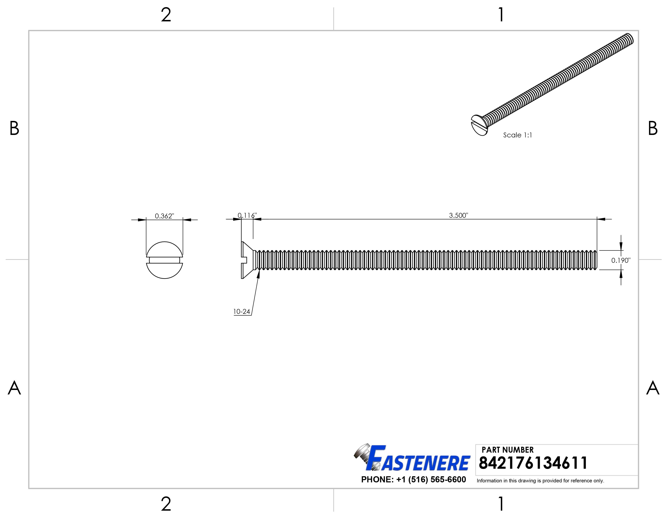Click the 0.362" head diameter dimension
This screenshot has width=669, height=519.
coord(164,216)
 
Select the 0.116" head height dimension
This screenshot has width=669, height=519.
coord(247,215)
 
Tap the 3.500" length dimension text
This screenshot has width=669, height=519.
coord(458,215)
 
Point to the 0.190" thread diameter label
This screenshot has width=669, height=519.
coord(621,261)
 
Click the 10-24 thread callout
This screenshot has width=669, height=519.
coord(242,312)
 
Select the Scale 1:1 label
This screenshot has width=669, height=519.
coord(517,135)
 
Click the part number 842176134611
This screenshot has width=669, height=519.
coord(533,463)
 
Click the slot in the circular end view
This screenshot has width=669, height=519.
coord(164,260)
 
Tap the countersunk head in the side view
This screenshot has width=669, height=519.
coord(247,260)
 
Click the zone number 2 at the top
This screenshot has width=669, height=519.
coord(166,15)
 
